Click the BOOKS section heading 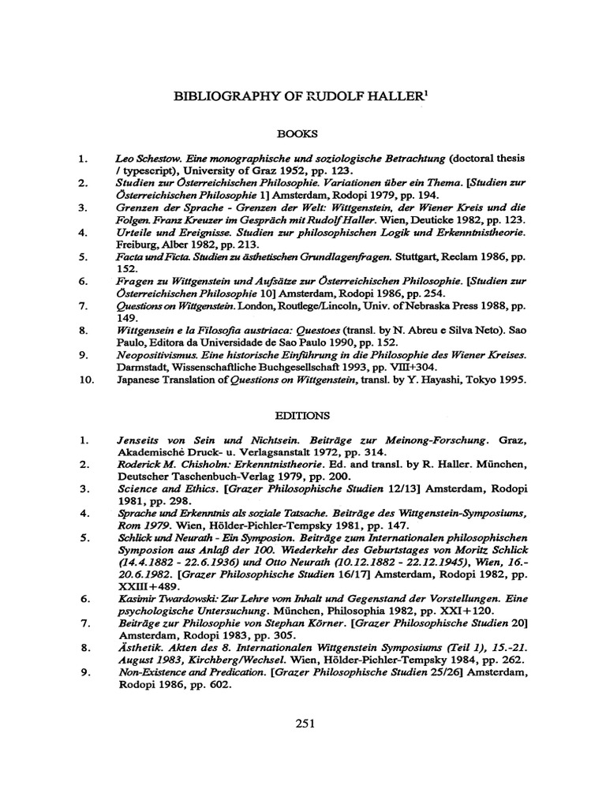tap(302, 135)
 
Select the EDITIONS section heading tap(302, 414)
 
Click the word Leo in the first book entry tap(123, 158)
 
